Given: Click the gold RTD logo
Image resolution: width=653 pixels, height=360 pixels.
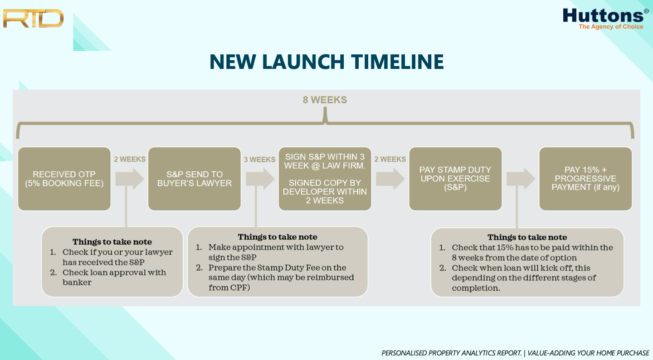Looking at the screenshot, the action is [33, 18].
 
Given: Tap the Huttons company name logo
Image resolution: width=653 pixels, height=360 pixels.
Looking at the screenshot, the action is [603, 15].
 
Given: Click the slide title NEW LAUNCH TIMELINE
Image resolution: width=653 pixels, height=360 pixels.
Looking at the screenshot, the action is [326, 62].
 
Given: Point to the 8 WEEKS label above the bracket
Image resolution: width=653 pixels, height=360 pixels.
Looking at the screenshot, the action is [325, 100].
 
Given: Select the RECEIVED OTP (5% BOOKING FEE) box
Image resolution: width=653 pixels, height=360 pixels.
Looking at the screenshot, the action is [64, 179].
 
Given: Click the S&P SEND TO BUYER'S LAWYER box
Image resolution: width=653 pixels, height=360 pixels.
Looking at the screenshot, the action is [195, 179].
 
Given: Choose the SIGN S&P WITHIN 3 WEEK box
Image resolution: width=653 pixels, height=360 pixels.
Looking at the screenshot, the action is [325, 179].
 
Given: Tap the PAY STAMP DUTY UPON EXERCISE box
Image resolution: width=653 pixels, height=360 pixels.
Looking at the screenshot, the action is [455, 179].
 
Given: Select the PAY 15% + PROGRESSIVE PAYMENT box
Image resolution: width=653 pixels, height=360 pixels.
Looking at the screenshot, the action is [586, 179].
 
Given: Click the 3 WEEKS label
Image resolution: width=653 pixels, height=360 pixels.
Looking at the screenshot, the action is [259, 160].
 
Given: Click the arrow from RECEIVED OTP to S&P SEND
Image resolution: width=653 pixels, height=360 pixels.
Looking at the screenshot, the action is [130, 179].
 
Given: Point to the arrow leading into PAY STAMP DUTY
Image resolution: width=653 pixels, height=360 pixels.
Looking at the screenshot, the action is [390, 179].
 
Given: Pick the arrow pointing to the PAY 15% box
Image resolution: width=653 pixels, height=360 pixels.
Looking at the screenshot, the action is [521, 179].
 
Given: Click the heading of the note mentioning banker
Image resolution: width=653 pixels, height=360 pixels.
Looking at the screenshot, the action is [112, 242].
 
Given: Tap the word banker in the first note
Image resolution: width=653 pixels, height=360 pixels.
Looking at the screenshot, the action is [77, 282].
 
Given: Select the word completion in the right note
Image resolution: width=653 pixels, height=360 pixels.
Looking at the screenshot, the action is [476, 288].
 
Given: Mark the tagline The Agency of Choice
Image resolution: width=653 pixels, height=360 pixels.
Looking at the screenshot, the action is [611, 27].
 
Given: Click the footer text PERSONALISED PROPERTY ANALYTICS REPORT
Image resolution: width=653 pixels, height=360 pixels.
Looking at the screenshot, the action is [452, 353].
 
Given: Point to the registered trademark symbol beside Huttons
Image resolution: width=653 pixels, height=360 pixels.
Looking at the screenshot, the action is [646, 11].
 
